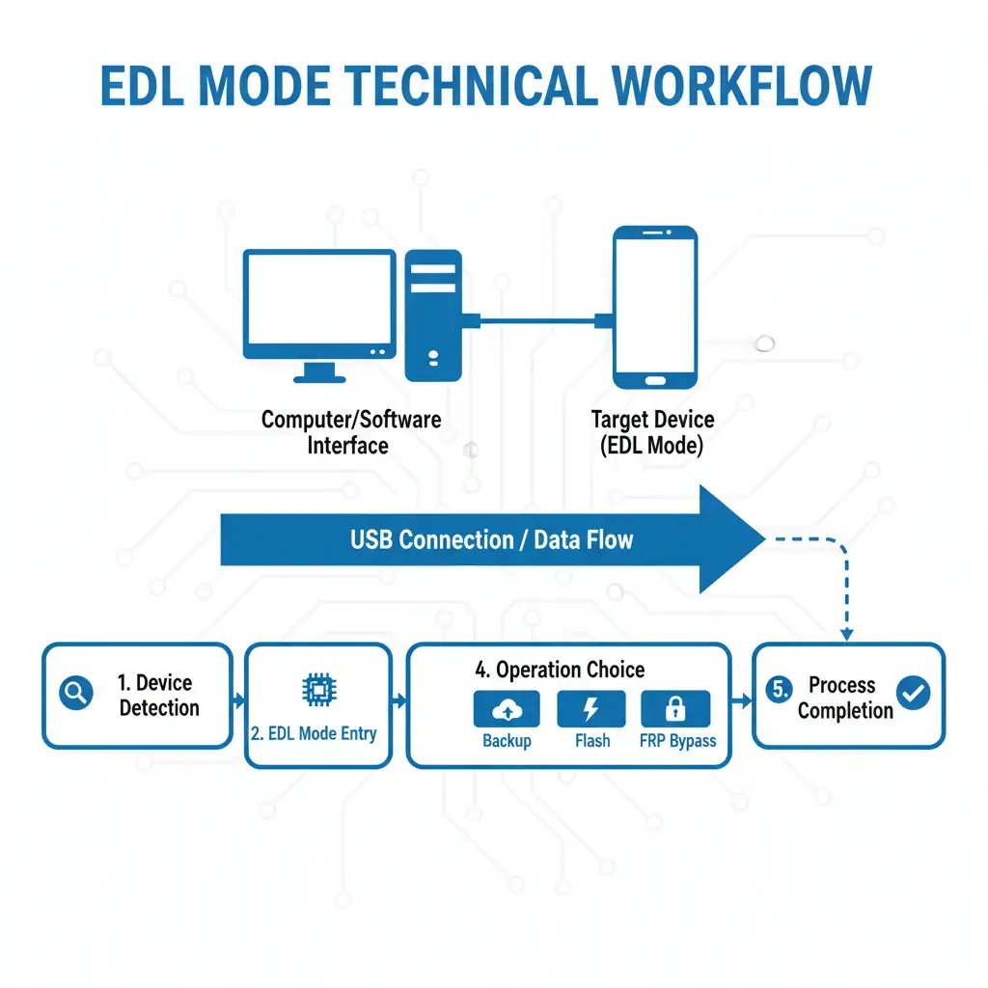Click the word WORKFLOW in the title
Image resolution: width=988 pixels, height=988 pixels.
pos(742,87)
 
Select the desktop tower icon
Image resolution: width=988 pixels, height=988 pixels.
pos(433,315)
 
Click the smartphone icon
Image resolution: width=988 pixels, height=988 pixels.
pos(655,307)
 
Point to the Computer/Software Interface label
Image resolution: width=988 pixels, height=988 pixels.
pos(351,432)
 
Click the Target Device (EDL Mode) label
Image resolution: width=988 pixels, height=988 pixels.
pos(652,432)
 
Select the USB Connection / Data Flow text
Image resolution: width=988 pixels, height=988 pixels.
pos(491,538)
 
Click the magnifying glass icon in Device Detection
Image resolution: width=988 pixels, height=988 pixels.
pos(76,692)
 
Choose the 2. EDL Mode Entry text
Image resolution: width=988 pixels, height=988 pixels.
pos(314,733)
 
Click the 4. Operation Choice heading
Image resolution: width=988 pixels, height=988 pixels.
pos(560,670)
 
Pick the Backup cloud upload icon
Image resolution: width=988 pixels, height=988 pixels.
pos(506,710)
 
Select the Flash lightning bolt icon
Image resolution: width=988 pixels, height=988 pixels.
pos(591,710)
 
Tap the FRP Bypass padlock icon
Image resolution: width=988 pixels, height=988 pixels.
pos(675,710)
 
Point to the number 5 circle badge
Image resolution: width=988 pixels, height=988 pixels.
pos(779,689)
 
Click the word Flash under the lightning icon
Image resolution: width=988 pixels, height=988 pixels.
pos(591,741)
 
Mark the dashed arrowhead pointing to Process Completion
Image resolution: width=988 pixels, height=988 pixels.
pos(846,634)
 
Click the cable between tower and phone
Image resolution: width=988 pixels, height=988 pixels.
pos(536,320)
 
